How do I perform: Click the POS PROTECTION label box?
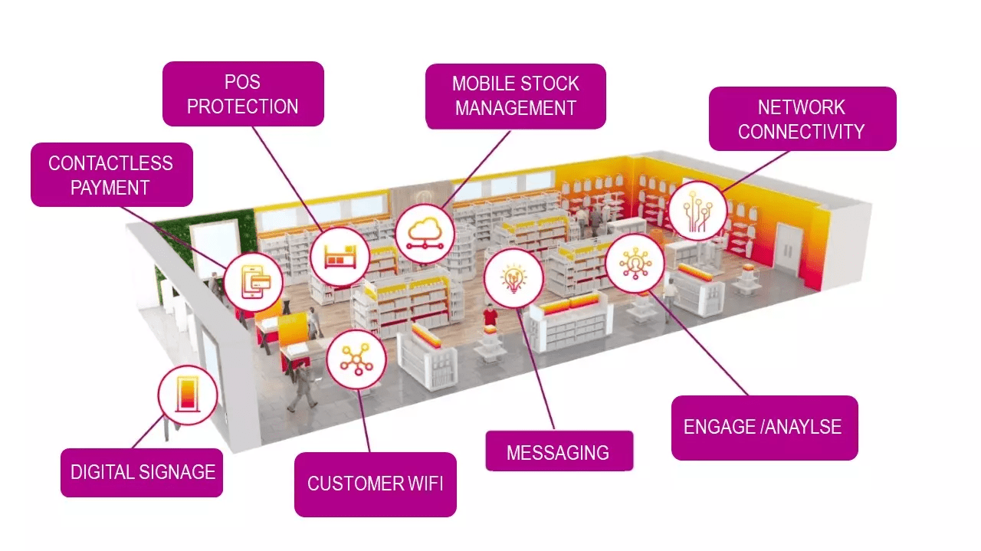pos(243,94)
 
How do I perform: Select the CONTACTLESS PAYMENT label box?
pos(111,175)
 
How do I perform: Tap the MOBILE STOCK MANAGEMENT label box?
pos(515,96)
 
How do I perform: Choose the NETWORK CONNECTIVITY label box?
pos(802,119)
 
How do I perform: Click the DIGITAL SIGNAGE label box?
pos(143,472)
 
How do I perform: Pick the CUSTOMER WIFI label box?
pos(375,484)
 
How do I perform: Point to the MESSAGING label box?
pos(559,452)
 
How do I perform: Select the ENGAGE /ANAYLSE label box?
pos(763,428)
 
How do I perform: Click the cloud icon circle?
pos(425,229)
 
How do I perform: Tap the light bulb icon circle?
pos(513,277)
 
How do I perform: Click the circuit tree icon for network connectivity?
pos(697,210)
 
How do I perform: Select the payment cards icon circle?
pos(254,281)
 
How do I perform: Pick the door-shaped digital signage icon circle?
pos(188,395)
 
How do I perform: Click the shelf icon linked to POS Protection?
pos(340,256)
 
